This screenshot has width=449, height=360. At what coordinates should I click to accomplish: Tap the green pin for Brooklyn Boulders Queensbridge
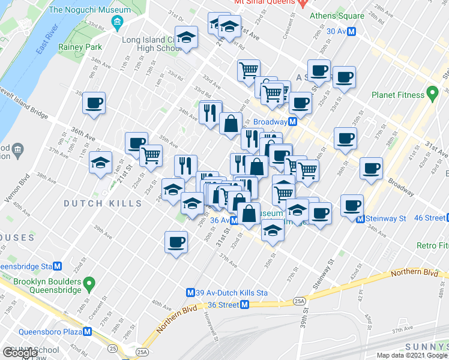click(89, 282)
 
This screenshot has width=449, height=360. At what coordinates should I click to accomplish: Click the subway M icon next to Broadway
click(292, 122)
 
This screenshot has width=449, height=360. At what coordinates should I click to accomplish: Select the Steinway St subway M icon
click(360, 219)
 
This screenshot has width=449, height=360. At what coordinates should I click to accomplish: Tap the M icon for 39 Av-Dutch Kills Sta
click(190, 293)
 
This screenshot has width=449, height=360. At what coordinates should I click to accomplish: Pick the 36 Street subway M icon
click(244, 305)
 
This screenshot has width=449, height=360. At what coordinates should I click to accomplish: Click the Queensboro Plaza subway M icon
click(88, 331)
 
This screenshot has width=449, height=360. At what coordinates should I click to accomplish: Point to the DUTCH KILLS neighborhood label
click(103, 203)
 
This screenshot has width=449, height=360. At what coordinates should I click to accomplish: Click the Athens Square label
click(337, 16)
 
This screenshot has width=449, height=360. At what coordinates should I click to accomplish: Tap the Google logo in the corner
click(20, 353)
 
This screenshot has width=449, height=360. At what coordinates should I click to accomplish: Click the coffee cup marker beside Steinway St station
click(352, 205)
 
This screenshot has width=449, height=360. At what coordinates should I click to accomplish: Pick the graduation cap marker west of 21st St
click(100, 162)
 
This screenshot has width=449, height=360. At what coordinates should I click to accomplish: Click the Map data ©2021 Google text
click(412, 355)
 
